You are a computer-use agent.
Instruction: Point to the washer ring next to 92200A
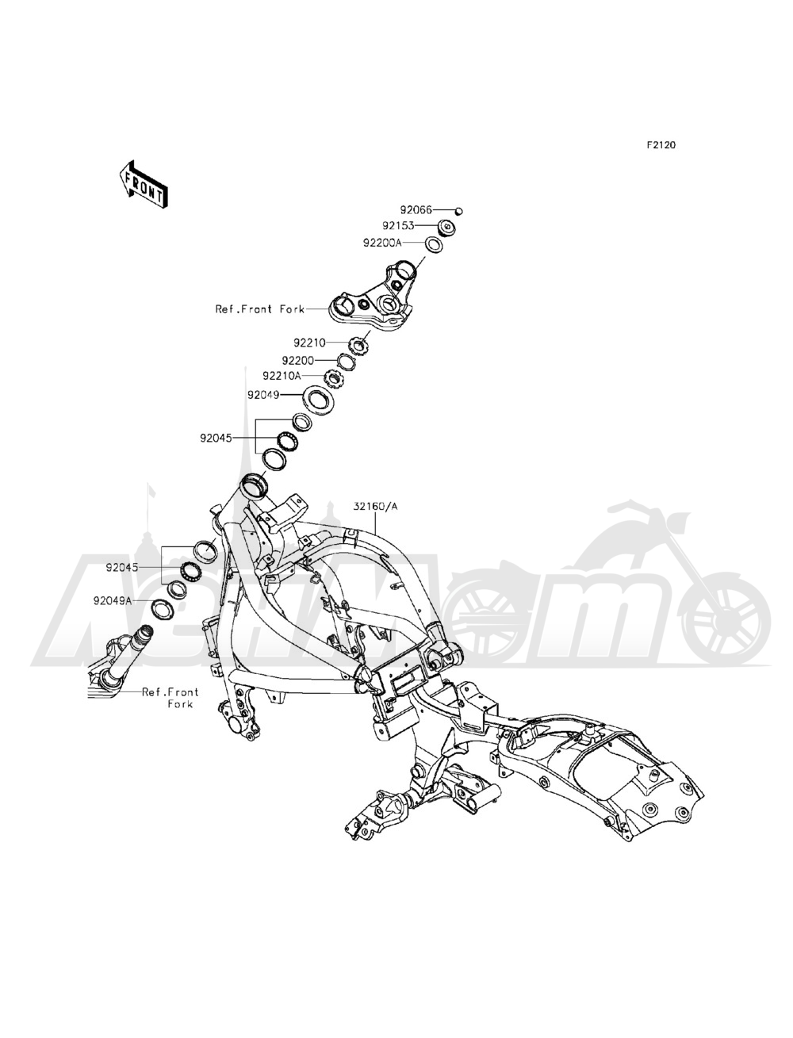(433, 244)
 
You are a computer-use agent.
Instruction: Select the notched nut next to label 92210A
(333, 378)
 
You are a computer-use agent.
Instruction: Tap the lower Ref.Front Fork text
(170, 698)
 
